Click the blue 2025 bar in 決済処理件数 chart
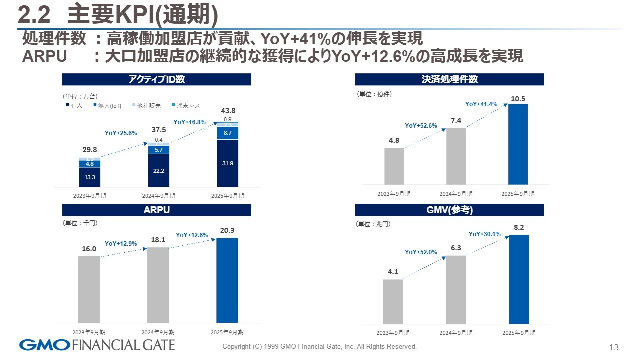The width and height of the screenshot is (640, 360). click(518, 144)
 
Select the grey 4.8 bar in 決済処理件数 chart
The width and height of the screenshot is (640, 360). click(394, 166)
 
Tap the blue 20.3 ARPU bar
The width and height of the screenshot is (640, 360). click(227, 280)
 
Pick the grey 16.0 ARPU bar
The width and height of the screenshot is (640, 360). click(89, 289)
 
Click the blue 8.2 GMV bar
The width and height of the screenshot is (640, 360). click(518, 279)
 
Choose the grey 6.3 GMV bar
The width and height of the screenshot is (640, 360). click(456, 290)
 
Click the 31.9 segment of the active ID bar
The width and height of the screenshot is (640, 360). click(228, 163)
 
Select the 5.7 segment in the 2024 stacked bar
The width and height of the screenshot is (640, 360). click(159, 150)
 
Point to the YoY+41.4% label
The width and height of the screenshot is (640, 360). click(481, 104)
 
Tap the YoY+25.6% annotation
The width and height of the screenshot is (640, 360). click(121, 133)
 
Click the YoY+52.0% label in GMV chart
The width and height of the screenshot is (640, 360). click(421, 252)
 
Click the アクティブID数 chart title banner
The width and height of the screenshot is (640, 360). click(157, 79)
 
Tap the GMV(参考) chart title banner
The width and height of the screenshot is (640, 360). click(449, 210)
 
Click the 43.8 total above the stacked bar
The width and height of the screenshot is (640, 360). click(228, 111)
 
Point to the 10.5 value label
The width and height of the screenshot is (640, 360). click(518, 99)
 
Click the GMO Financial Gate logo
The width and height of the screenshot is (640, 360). click(97, 345)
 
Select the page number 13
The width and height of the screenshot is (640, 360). click(614, 347)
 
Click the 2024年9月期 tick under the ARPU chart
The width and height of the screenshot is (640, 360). click(158, 332)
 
